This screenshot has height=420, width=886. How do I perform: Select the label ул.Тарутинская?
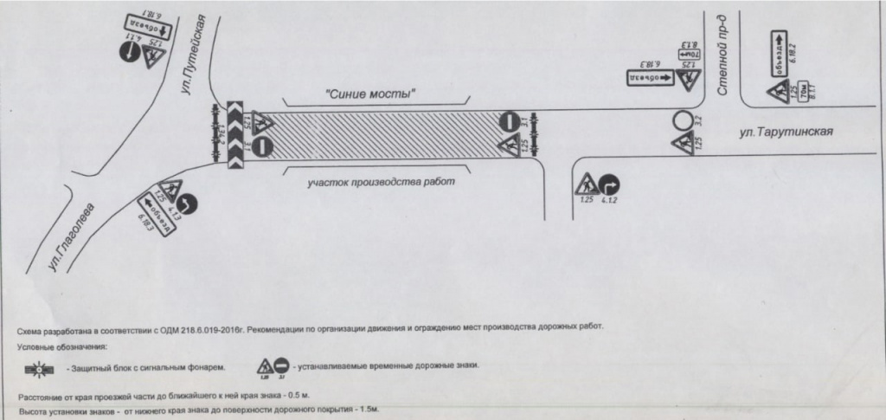pos(786,132)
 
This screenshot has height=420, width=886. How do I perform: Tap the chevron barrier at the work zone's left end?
pos(237,133)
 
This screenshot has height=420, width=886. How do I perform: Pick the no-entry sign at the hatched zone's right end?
pos(510,123)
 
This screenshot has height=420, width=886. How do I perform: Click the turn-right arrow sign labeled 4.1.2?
pos(613,184)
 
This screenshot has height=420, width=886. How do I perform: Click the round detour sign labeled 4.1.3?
pos(189,204)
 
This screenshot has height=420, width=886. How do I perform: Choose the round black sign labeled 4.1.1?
pos(127,54)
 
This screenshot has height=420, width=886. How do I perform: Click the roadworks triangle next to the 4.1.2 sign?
pos(586,184)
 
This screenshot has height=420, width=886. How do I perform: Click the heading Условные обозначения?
pos(61,346)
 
